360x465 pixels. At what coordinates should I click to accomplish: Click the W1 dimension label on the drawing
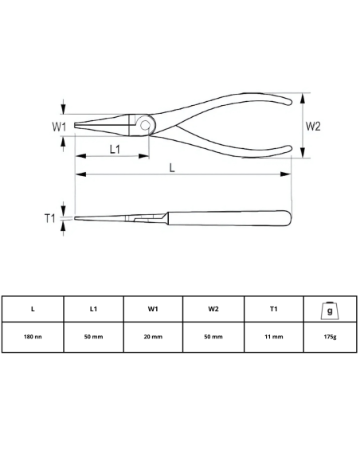click(58, 126)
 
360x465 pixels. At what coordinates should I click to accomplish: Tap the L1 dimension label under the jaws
click(115, 150)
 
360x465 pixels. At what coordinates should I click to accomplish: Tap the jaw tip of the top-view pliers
click(77, 126)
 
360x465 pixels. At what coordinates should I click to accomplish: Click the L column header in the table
click(33, 308)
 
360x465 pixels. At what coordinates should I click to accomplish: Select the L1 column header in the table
click(93, 308)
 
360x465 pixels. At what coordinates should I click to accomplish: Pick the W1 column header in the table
click(153, 308)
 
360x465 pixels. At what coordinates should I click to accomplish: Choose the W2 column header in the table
click(213, 308)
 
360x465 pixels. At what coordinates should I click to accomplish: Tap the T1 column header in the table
click(274, 308)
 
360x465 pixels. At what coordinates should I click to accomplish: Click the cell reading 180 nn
click(33, 337)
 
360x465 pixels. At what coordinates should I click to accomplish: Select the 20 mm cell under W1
click(153, 337)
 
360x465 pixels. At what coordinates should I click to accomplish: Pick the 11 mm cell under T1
click(274, 337)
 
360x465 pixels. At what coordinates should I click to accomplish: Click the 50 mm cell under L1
click(93, 337)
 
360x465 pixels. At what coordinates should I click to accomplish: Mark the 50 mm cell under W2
click(213, 337)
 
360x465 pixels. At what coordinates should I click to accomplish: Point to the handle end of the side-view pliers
click(288, 217)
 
